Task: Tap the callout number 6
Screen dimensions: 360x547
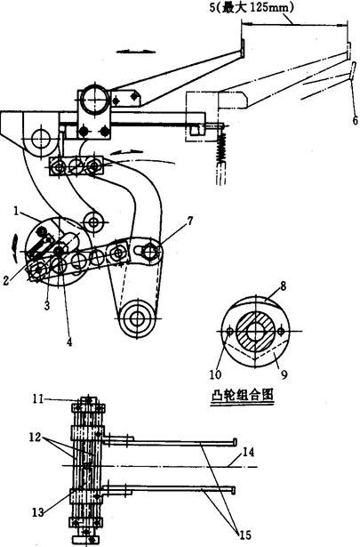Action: [x=355, y=120]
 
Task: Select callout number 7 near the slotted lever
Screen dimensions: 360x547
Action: [x=189, y=221]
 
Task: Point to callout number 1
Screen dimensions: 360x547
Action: [x=16, y=211]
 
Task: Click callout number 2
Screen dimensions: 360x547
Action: [x=6, y=280]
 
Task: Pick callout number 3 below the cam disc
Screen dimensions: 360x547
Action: [x=47, y=305]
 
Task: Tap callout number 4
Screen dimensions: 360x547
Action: [x=69, y=342]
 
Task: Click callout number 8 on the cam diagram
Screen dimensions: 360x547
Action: [x=283, y=286]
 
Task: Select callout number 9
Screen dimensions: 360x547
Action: [x=284, y=375]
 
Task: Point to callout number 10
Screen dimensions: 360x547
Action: [x=215, y=375]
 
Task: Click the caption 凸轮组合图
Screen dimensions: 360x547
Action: [x=242, y=396]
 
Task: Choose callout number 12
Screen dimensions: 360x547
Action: [x=38, y=512]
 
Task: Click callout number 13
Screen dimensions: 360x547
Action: [x=249, y=453]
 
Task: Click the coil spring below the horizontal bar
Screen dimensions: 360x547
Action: [x=221, y=148]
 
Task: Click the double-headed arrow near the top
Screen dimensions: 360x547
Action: [x=136, y=51]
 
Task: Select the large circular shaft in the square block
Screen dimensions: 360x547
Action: [x=94, y=100]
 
